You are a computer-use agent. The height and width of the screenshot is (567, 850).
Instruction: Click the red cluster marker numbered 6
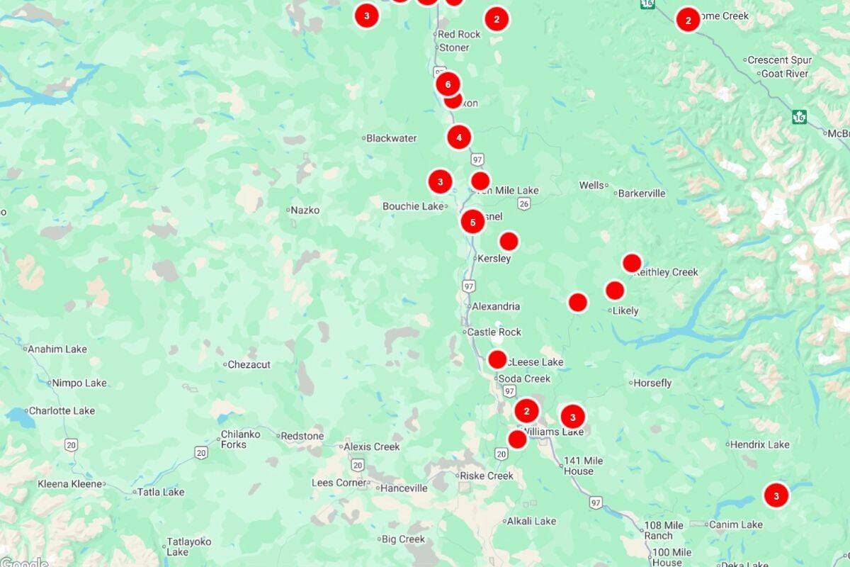click(x=447, y=84)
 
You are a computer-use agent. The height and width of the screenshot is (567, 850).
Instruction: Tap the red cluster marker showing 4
click(x=459, y=137)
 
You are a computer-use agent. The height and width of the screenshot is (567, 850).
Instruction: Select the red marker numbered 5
click(x=472, y=222)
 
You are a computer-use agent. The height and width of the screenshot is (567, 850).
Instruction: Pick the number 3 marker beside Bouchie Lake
click(x=440, y=181)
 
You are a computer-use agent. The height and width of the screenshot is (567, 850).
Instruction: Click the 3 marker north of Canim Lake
click(x=776, y=495)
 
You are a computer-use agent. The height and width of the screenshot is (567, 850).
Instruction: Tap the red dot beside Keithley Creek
click(x=632, y=263)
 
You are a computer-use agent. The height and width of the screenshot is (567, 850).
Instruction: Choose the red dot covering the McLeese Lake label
click(x=497, y=359)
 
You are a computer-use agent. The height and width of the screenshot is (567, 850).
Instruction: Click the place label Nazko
click(x=305, y=210)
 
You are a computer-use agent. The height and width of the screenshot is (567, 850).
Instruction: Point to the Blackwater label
click(x=391, y=138)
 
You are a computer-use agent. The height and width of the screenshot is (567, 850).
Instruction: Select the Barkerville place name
click(x=641, y=193)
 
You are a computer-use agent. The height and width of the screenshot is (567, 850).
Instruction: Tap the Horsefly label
click(x=652, y=383)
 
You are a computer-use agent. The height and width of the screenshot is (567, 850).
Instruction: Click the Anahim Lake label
click(x=57, y=349)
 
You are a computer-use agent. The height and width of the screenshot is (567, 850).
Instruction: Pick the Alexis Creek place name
click(x=372, y=447)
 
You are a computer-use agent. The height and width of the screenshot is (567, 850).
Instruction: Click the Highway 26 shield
click(x=523, y=203)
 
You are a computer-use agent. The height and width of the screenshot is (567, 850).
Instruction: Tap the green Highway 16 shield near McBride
click(x=800, y=116)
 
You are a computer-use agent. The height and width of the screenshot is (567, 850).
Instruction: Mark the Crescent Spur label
click(x=779, y=60)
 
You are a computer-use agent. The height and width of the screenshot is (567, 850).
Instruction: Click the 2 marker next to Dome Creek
click(x=688, y=19)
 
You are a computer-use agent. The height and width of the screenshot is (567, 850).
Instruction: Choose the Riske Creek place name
click(x=487, y=476)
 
